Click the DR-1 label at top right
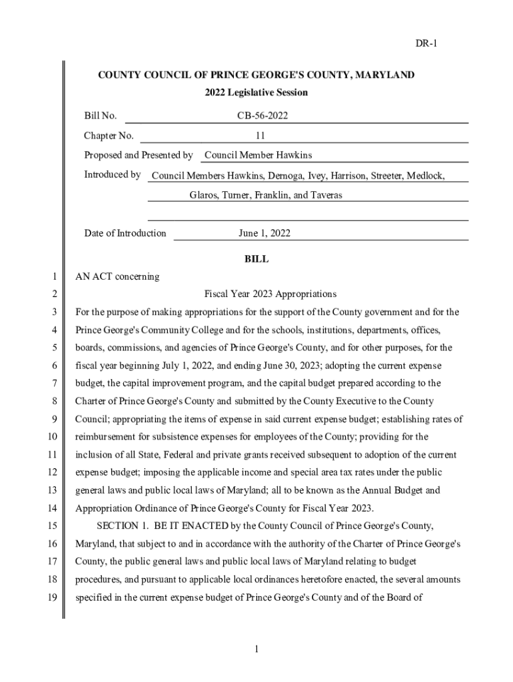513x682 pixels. (x=426, y=44)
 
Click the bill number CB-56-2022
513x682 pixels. (x=262, y=116)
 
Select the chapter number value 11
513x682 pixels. (x=260, y=136)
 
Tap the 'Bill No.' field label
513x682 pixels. (x=101, y=116)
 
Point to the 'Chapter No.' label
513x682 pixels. (x=109, y=136)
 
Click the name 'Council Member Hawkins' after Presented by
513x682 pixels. (x=258, y=155)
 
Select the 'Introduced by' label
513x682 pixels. (x=112, y=174)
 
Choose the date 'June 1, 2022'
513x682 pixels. (x=264, y=233)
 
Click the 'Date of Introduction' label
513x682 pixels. (x=125, y=233)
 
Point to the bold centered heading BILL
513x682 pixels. (x=256, y=259)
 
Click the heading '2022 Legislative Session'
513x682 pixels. (x=256, y=93)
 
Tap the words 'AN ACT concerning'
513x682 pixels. (x=117, y=276)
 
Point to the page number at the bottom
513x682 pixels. (x=256, y=649)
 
